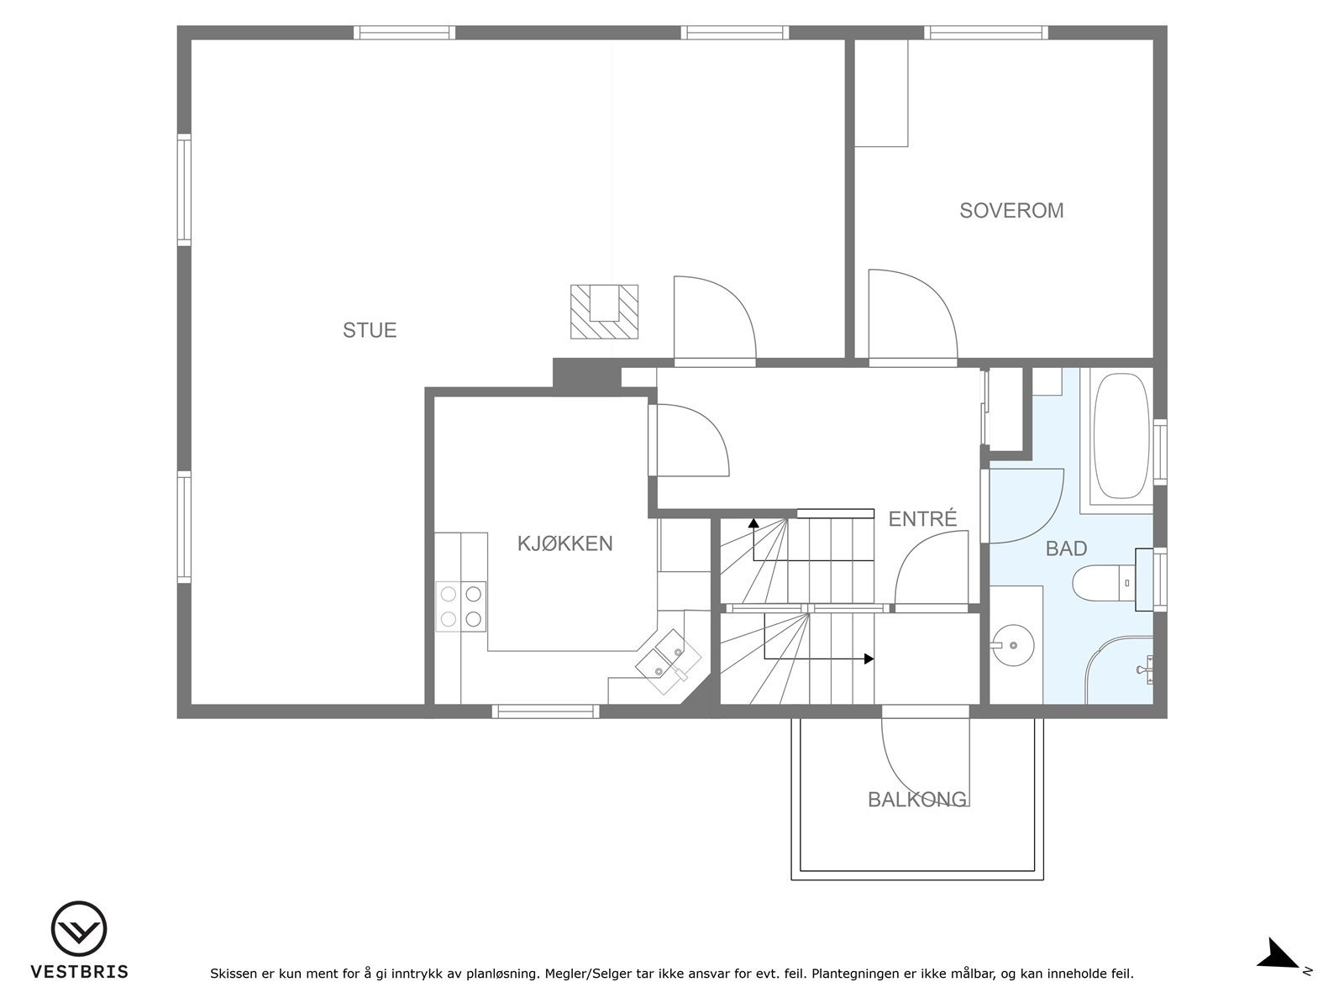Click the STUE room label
370,330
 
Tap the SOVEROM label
1011,211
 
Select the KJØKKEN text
564,543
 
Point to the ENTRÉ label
922,518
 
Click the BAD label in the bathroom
1066,549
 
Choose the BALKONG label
917,800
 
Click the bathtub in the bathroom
1121,436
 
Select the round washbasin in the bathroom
1013,645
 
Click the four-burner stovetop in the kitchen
460,606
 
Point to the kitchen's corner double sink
668,662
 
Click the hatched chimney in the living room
604,312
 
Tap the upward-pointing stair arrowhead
753,523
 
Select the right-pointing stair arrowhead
869,659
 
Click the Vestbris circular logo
79,929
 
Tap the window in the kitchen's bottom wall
546,711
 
